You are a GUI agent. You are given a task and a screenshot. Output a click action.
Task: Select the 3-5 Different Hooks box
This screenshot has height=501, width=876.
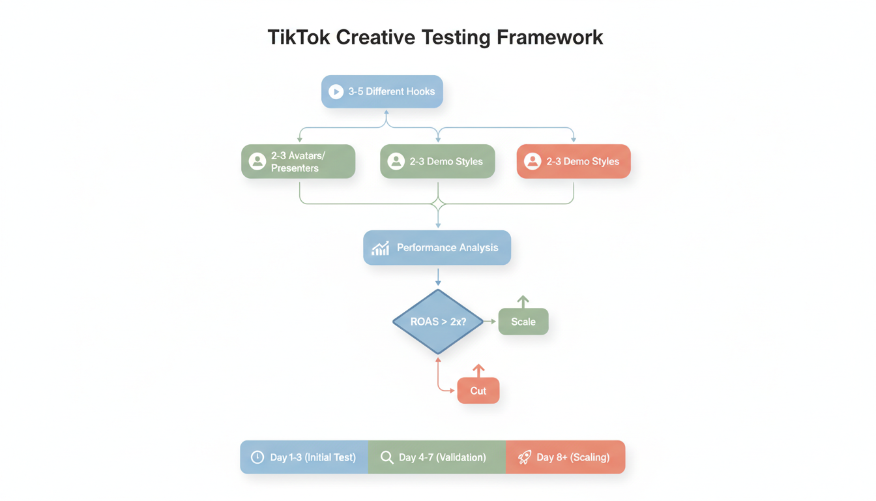point(382,91)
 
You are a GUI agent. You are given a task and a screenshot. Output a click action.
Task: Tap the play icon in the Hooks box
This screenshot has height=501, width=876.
point(336,92)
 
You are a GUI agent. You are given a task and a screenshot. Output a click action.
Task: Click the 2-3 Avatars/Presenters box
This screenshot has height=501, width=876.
point(299,161)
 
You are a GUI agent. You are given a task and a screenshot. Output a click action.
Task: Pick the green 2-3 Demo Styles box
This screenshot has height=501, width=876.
point(437,161)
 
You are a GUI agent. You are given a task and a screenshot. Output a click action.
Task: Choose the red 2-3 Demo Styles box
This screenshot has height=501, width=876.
point(574,161)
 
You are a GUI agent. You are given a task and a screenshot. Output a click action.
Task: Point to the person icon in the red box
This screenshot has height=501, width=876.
point(533,161)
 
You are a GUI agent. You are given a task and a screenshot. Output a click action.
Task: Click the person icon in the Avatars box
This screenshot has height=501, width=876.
point(257,161)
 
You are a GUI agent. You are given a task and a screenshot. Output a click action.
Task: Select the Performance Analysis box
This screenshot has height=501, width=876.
point(437,247)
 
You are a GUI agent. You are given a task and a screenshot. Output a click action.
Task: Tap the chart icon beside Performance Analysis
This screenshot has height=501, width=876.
point(380,248)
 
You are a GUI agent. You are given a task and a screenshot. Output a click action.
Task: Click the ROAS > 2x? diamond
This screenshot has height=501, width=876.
point(438,322)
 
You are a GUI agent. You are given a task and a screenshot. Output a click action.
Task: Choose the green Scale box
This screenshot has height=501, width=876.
point(523,322)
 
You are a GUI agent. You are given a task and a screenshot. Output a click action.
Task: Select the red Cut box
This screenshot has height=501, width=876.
point(478,391)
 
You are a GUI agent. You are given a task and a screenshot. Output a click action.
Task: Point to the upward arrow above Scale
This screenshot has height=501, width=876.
point(523,301)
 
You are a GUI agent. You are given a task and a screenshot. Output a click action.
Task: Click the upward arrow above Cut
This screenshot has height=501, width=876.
point(478,371)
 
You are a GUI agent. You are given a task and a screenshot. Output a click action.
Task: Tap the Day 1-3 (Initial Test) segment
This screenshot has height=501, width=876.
point(304,457)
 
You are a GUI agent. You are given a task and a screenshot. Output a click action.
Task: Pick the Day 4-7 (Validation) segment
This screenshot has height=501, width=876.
point(437,457)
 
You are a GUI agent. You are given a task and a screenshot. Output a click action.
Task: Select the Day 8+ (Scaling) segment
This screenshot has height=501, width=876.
point(565,457)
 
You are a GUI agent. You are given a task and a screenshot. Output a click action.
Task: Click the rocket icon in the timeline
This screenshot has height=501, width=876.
point(525,457)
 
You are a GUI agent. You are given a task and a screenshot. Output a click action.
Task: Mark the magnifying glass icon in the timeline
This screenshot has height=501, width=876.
point(387,457)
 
